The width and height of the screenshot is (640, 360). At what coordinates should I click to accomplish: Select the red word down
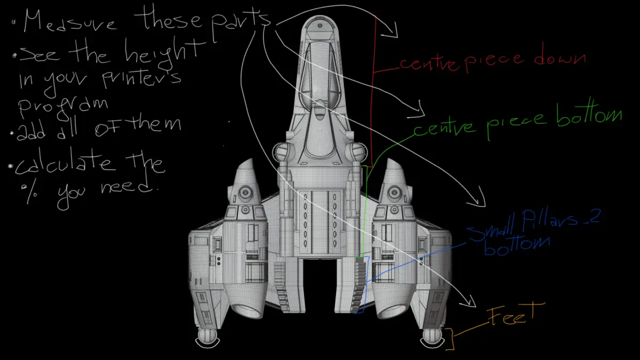[x=559, y=58]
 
